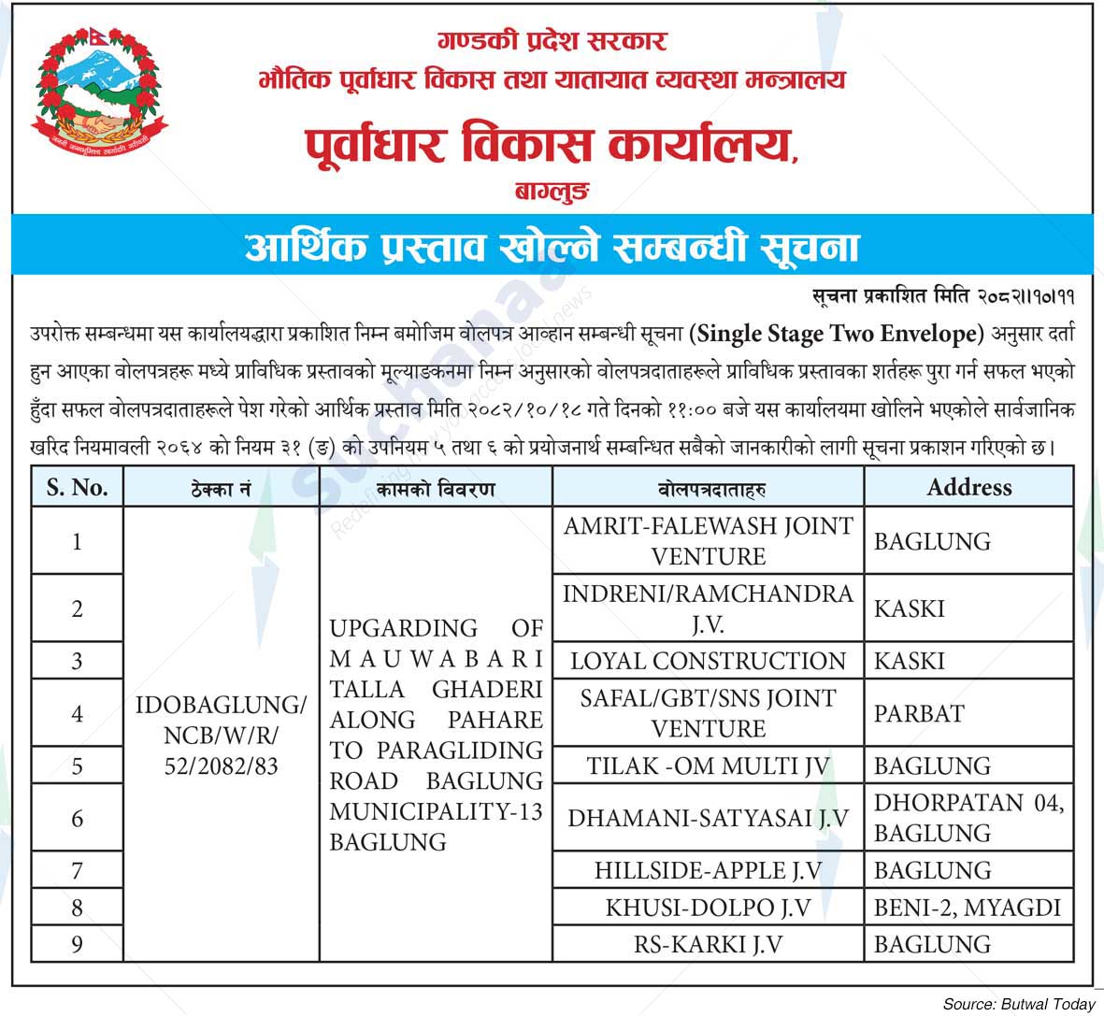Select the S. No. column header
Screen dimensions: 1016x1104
78,488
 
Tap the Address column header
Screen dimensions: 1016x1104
968,487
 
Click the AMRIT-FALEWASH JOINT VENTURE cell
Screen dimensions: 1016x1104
708,541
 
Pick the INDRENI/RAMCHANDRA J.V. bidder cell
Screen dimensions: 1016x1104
708,608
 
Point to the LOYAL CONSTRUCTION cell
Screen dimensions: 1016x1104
708,661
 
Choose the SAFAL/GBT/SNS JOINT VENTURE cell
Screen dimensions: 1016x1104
708,713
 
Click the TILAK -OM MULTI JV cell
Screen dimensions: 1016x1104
708,766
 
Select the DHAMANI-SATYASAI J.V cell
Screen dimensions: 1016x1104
708,818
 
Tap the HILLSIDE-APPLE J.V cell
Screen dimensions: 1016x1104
708,870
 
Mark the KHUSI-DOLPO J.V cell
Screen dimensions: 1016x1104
708,908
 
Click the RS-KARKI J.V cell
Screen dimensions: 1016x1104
708,945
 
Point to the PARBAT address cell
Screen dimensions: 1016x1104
919,713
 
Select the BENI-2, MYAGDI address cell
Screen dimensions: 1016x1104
968,908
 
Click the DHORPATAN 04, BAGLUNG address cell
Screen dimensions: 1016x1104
968,818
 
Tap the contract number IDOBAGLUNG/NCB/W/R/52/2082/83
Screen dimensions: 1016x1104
221,735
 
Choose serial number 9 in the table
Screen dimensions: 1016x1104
78,945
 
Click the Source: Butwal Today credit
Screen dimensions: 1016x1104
1018,1003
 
